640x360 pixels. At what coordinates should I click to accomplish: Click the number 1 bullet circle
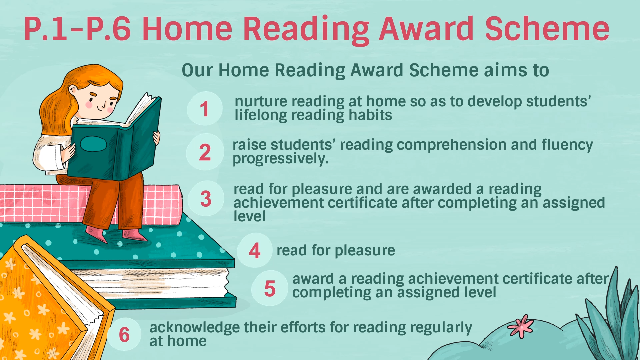pos(205,109)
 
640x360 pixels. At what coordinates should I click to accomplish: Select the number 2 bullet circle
pos(205,152)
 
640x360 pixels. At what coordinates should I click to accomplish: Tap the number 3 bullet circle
pos(206,199)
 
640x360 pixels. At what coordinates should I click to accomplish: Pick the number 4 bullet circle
pos(255,250)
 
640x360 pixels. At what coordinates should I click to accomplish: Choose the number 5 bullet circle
pos(270,288)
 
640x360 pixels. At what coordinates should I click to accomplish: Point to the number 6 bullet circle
pos(124,334)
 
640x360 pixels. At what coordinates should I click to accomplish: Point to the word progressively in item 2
pos(280,159)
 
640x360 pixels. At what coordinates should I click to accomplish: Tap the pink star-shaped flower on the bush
pos(521,326)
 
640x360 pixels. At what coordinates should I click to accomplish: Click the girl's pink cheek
pos(89,104)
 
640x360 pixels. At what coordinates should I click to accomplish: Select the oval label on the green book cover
pos(93,144)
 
